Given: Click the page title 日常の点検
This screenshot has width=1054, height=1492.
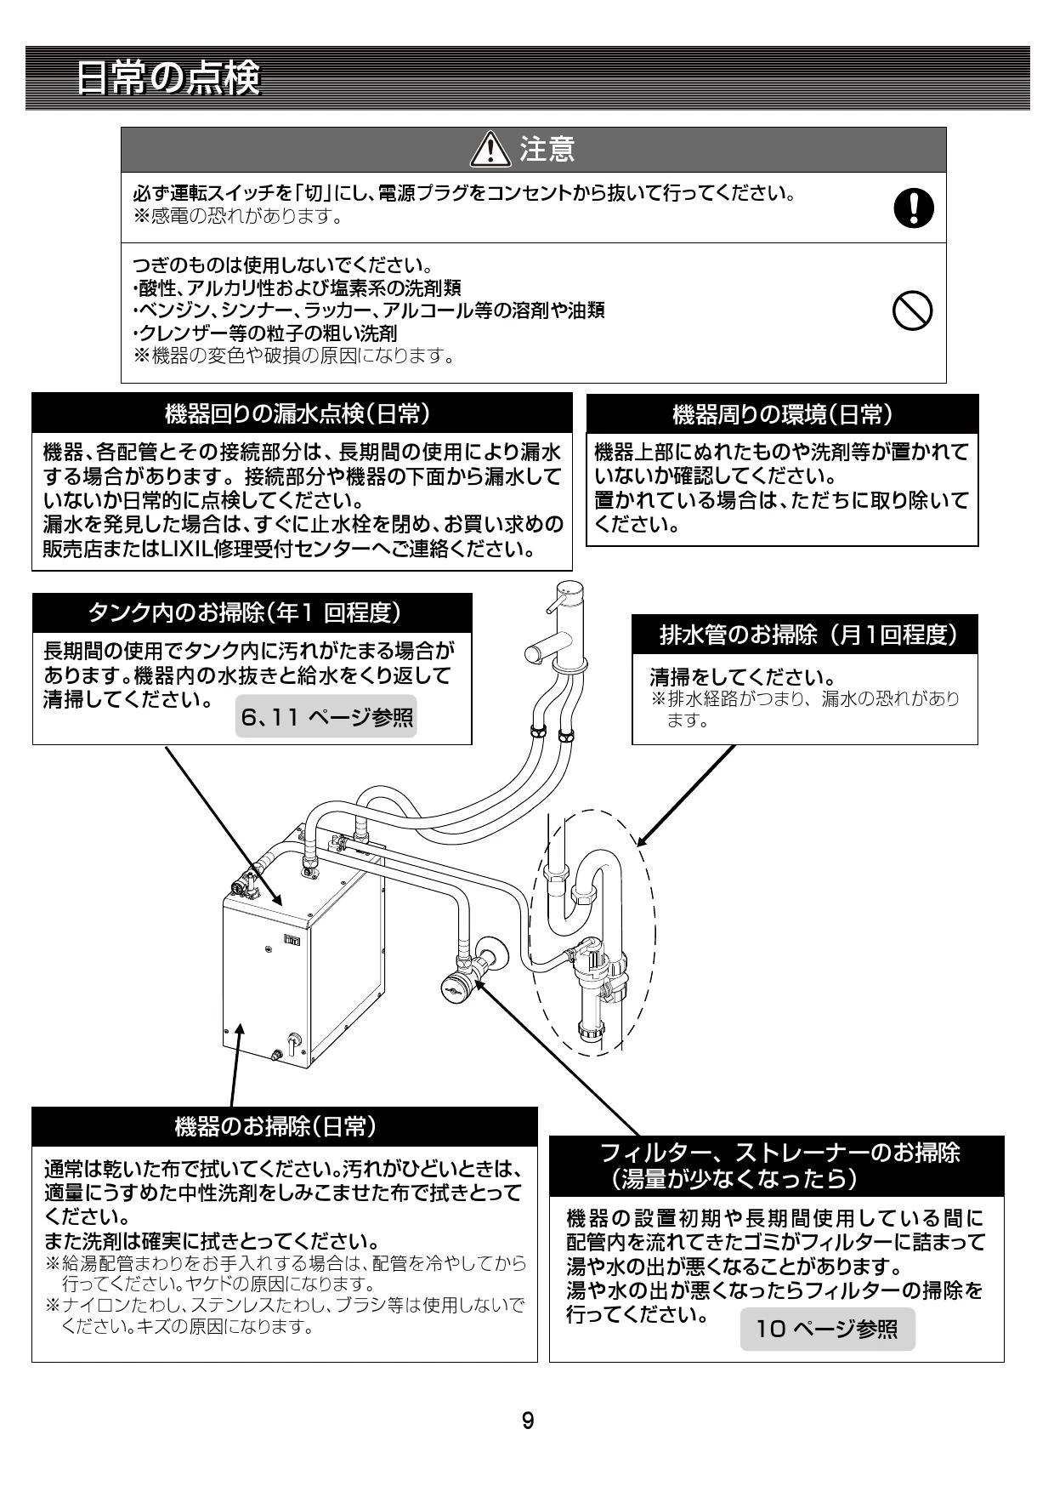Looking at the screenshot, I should click(x=167, y=79).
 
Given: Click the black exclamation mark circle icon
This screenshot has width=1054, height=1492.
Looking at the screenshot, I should click(x=913, y=208).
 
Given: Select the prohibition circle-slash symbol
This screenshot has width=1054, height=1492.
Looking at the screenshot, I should click(x=913, y=311).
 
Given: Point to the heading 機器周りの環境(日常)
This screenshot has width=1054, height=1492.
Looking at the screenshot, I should click(x=782, y=414).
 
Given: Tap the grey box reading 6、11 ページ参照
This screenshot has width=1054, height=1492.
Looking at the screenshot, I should click(x=326, y=718).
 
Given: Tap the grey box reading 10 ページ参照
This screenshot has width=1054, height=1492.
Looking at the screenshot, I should click(x=827, y=1329).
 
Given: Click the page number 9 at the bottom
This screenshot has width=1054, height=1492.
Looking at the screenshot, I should click(x=528, y=1421).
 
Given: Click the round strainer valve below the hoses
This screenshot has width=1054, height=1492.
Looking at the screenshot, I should click(x=456, y=986).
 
